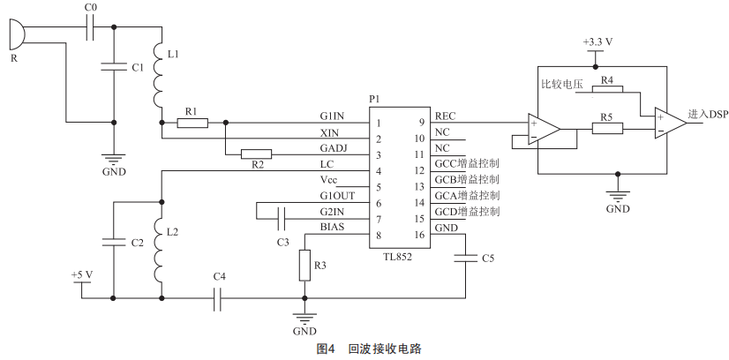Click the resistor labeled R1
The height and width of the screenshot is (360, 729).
coord(192,123)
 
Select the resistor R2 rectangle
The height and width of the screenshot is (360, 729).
coord(256,154)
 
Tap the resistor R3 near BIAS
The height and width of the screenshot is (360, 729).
coord(304,262)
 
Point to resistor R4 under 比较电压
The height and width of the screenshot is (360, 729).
coord(606,90)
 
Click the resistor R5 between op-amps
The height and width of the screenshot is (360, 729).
coord(606,129)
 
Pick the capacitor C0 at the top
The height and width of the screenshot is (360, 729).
coord(92,32)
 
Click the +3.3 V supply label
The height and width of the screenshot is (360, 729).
coord(598,41)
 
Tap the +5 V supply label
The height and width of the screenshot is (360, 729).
coord(81,275)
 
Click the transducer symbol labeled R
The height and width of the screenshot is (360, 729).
coord(13,36)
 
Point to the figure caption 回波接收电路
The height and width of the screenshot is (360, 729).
coord(385,349)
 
